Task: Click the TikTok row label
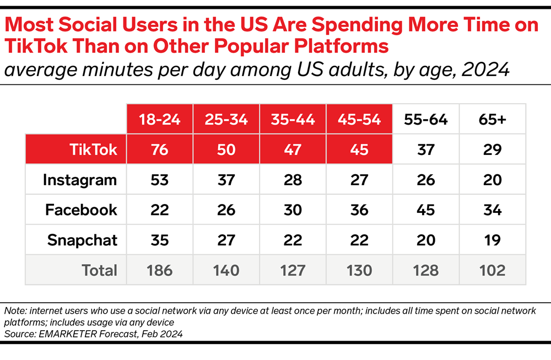(94, 149)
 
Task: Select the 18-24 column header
(160, 119)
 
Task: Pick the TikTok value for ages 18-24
(160, 149)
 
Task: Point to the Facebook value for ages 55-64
(425, 209)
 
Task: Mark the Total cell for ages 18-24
(160, 270)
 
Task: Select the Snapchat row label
(82, 240)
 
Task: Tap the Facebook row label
(82, 209)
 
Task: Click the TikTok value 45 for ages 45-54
(359, 149)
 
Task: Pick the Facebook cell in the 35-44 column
(293, 209)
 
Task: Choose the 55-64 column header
(425, 119)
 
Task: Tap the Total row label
(100, 270)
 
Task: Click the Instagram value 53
(160, 180)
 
